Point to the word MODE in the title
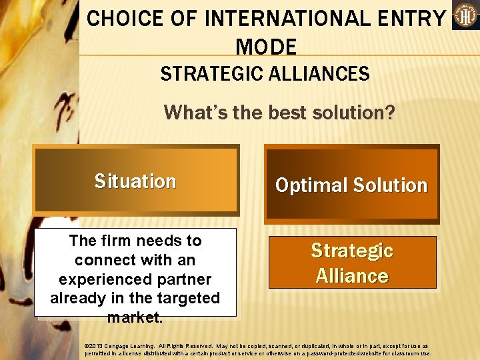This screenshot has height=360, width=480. tap(266, 47)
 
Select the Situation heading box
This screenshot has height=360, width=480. tap(136, 181)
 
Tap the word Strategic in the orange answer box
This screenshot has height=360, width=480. tap(352, 251)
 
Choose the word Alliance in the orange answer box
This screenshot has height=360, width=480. tap(352, 275)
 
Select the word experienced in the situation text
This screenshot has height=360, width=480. tap(103, 279)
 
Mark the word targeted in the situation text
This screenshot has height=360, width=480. tap(187, 298)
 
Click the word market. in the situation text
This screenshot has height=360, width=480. tap(135, 317)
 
